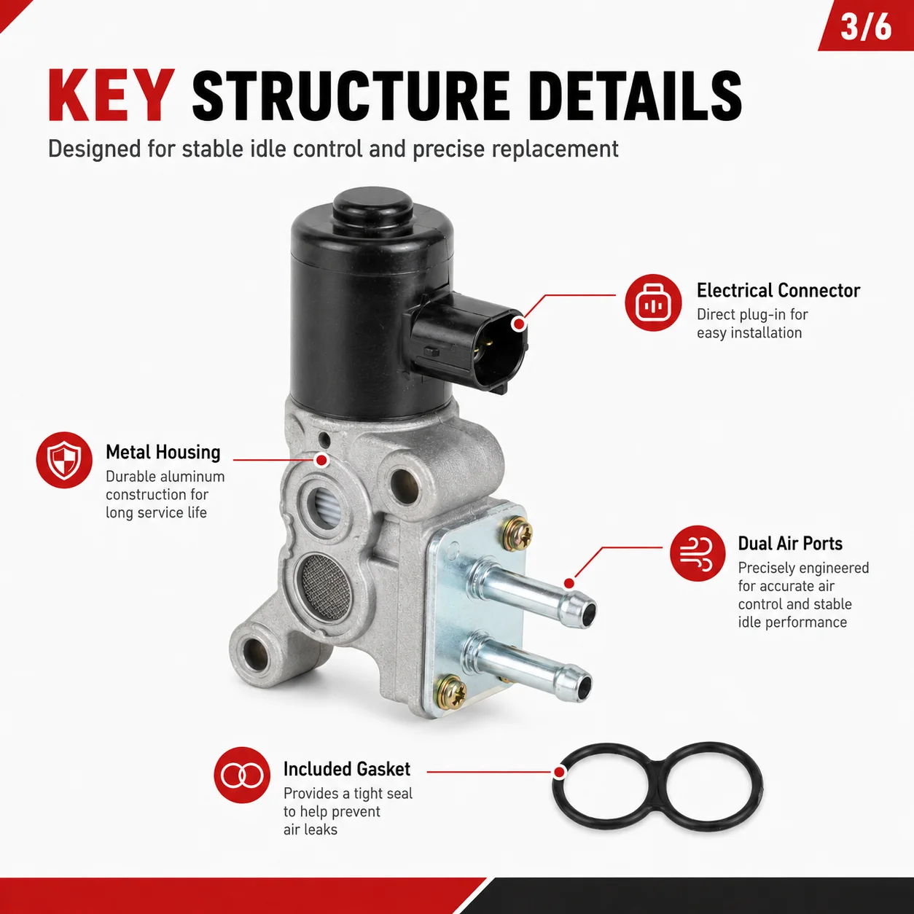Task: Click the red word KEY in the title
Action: click(112, 96)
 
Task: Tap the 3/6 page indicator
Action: click(866, 27)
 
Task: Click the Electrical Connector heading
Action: click(778, 290)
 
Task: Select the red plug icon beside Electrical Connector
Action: click(653, 302)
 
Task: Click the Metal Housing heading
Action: click(163, 452)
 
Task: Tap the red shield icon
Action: click(64, 460)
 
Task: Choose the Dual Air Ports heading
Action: click(790, 544)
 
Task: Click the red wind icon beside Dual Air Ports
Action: click(698, 553)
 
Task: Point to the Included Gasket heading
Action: click(347, 770)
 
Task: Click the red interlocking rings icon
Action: click(242, 775)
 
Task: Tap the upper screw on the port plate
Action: click(517, 534)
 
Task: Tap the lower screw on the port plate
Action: click(451, 692)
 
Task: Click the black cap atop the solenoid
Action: click(372, 208)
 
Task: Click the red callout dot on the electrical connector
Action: click(519, 324)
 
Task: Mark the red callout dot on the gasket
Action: click(560, 772)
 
